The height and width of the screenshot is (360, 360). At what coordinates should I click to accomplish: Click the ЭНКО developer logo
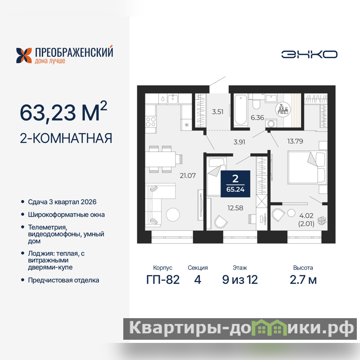tap(309, 54)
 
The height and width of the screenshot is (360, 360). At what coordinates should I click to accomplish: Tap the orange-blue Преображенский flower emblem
tap(24, 55)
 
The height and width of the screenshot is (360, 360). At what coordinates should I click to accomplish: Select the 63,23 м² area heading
tap(63, 112)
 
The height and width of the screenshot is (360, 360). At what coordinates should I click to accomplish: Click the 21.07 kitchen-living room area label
tap(188, 175)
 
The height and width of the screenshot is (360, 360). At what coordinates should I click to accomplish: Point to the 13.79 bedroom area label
tap(295, 141)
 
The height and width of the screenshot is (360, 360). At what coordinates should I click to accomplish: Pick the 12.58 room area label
tap(235, 208)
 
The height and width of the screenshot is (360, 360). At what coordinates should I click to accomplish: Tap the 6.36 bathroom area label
tap(257, 117)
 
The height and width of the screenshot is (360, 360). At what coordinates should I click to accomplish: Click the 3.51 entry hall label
tap(217, 112)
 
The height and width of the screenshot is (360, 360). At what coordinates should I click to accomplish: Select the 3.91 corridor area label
tap(239, 142)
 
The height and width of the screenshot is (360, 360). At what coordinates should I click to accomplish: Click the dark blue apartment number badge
tap(235, 184)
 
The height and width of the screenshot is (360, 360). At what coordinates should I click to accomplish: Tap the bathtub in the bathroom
tap(241, 110)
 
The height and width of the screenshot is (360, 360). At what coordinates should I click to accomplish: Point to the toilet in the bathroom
tap(256, 102)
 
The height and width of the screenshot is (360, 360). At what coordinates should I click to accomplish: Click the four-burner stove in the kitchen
tap(151, 121)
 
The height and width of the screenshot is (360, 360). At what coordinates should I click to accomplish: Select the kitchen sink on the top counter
tap(173, 99)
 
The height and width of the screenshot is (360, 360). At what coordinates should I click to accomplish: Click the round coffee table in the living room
tap(173, 215)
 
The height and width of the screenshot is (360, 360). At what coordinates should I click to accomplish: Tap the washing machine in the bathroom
tap(271, 123)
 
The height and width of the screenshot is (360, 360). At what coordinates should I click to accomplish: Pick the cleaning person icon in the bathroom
tap(283, 109)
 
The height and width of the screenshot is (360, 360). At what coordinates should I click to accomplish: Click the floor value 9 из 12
tap(240, 279)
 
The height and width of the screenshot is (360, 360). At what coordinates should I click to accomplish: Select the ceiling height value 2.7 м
tap(303, 279)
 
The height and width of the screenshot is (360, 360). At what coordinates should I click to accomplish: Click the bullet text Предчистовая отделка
tap(63, 280)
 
